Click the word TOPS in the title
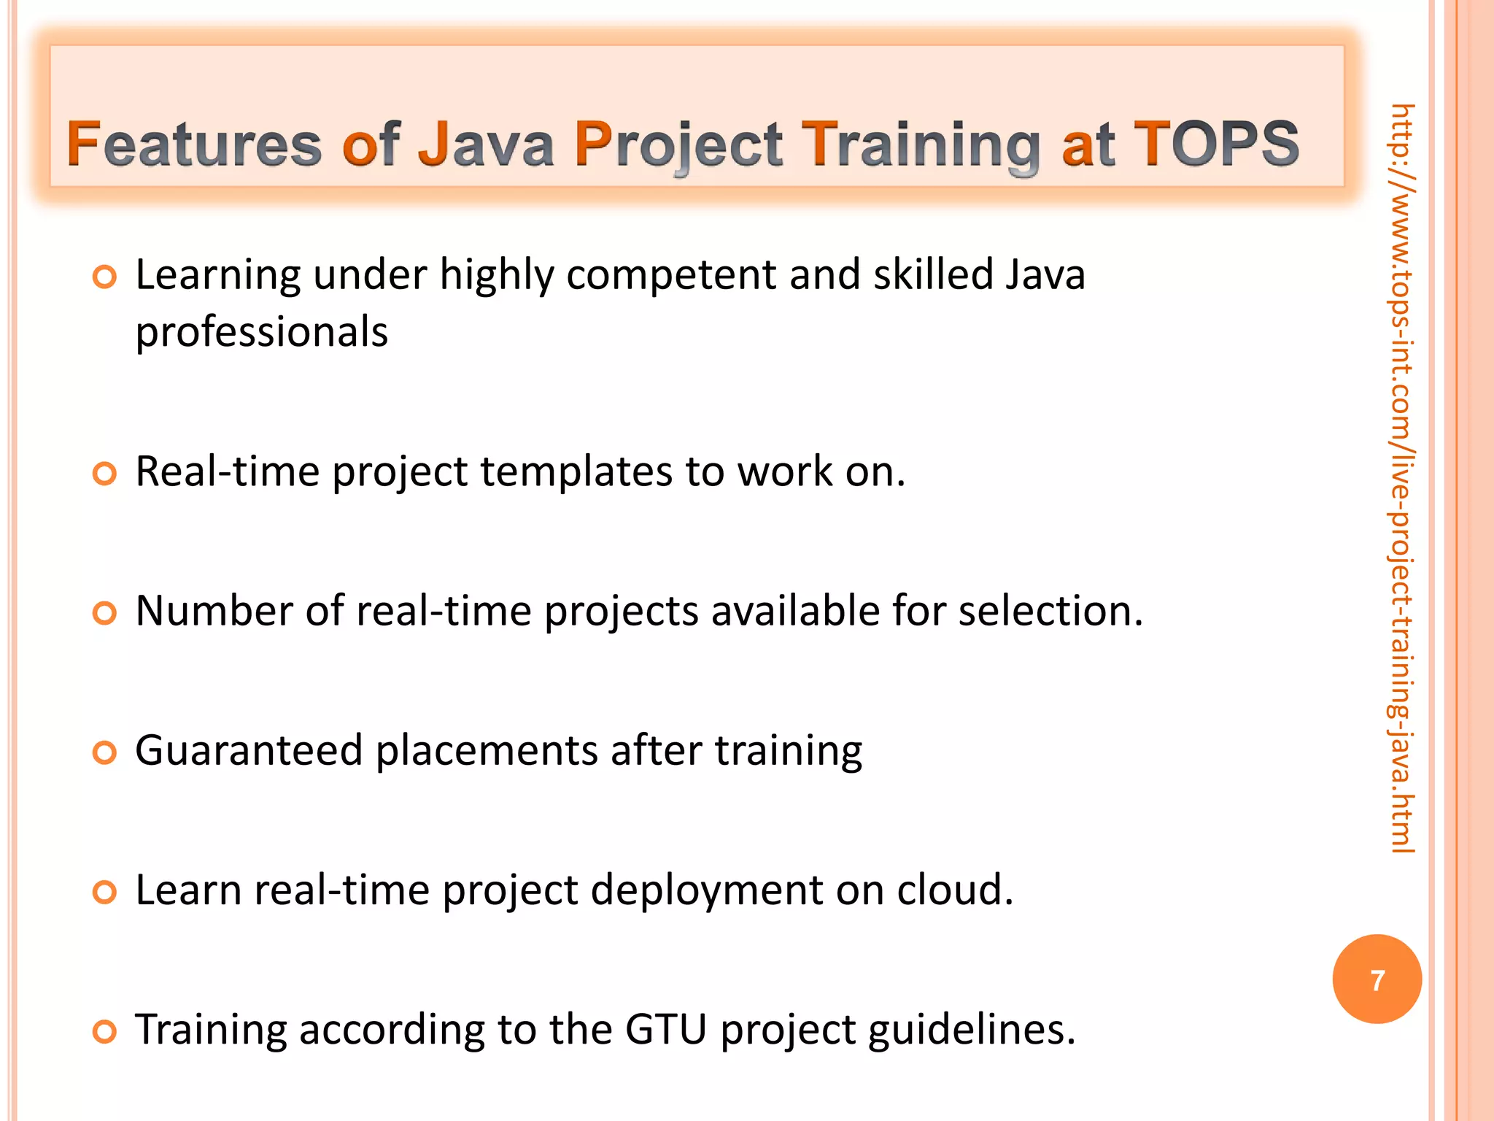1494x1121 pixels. [1216, 144]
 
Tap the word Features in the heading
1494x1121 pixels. [194, 144]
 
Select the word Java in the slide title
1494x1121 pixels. [486, 144]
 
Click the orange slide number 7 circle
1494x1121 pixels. [1377, 979]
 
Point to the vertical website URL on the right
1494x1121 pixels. [1401, 478]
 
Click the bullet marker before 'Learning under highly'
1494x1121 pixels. [105, 277]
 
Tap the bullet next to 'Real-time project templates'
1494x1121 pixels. [105, 474]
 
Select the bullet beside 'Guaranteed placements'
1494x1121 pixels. [105, 752]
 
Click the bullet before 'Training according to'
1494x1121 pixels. [105, 1032]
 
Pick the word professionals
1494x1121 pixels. [261, 332]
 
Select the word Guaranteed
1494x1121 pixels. [249, 750]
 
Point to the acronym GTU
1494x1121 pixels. [665, 1029]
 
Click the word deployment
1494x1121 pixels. [707, 891]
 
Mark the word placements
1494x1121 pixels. [487, 750]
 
